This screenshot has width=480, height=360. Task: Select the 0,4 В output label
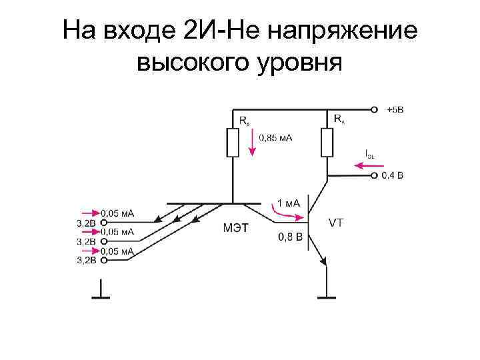point(393,176)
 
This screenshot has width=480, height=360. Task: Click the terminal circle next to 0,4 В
point(375,176)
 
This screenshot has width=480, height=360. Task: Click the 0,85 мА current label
point(275,137)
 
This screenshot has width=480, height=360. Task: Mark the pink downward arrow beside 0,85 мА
point(252,143)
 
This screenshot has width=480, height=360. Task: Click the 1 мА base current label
point(288,203)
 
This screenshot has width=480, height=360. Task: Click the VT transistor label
point(336,223)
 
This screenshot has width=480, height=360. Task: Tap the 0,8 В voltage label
point(290,237)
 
